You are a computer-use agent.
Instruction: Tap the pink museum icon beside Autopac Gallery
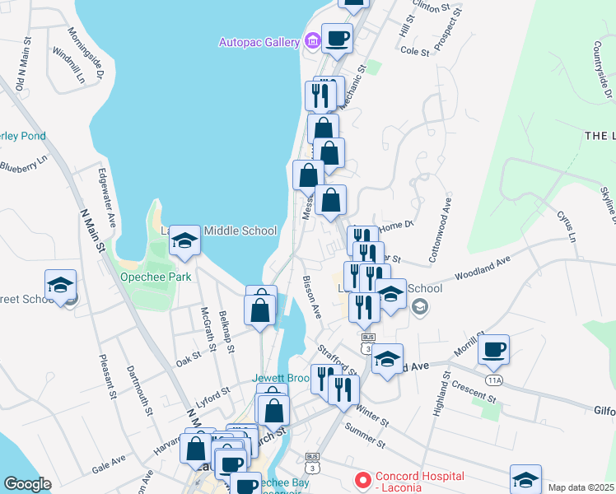(311, 40)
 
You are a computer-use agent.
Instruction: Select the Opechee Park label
(156, 277)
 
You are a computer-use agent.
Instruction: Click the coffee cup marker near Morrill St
(493, 349)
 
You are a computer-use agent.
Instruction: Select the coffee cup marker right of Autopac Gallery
(337, 38)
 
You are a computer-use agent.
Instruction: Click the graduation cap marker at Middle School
(185, 240)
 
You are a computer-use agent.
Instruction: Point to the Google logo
(26, 484)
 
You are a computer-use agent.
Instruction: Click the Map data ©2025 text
(580, 487)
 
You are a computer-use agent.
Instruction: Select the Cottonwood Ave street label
(439, 230)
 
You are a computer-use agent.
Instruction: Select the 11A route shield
(493, 380)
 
